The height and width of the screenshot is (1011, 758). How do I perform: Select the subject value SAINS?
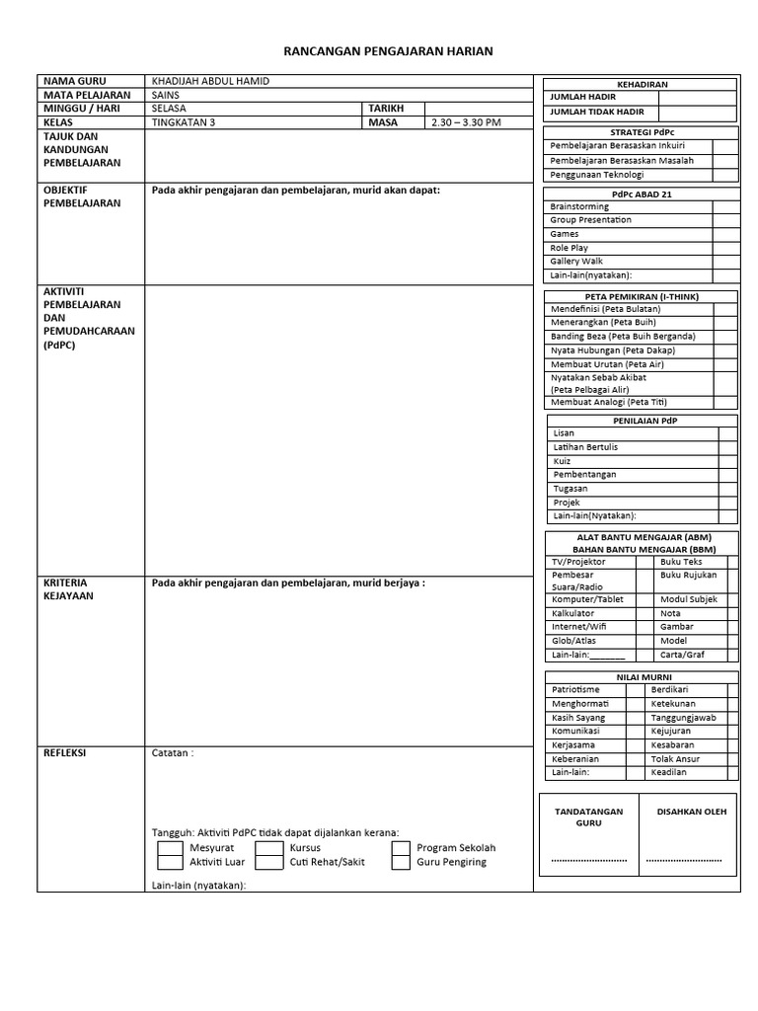(166, 95)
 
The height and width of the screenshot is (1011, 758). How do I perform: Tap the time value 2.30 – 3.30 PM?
(466, 122)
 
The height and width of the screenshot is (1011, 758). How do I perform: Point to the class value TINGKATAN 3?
(183, 122)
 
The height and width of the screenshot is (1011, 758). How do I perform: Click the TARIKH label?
(387, 109)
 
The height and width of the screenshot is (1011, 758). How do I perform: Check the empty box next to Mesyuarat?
(171, 848)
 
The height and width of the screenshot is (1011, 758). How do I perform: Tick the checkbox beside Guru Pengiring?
(401, 862)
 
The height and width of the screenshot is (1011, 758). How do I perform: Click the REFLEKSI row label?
(65, 752)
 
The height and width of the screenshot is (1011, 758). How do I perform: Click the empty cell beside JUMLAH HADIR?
(697, 98)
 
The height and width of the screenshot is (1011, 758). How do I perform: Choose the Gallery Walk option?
(576, 262)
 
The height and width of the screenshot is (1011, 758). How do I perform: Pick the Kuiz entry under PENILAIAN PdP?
(563, 461)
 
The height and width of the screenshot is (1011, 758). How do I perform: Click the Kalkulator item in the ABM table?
(573, 613)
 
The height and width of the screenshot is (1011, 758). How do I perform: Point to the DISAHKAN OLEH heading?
(691, 812)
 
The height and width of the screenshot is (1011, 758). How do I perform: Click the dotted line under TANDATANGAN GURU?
(589, 860)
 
